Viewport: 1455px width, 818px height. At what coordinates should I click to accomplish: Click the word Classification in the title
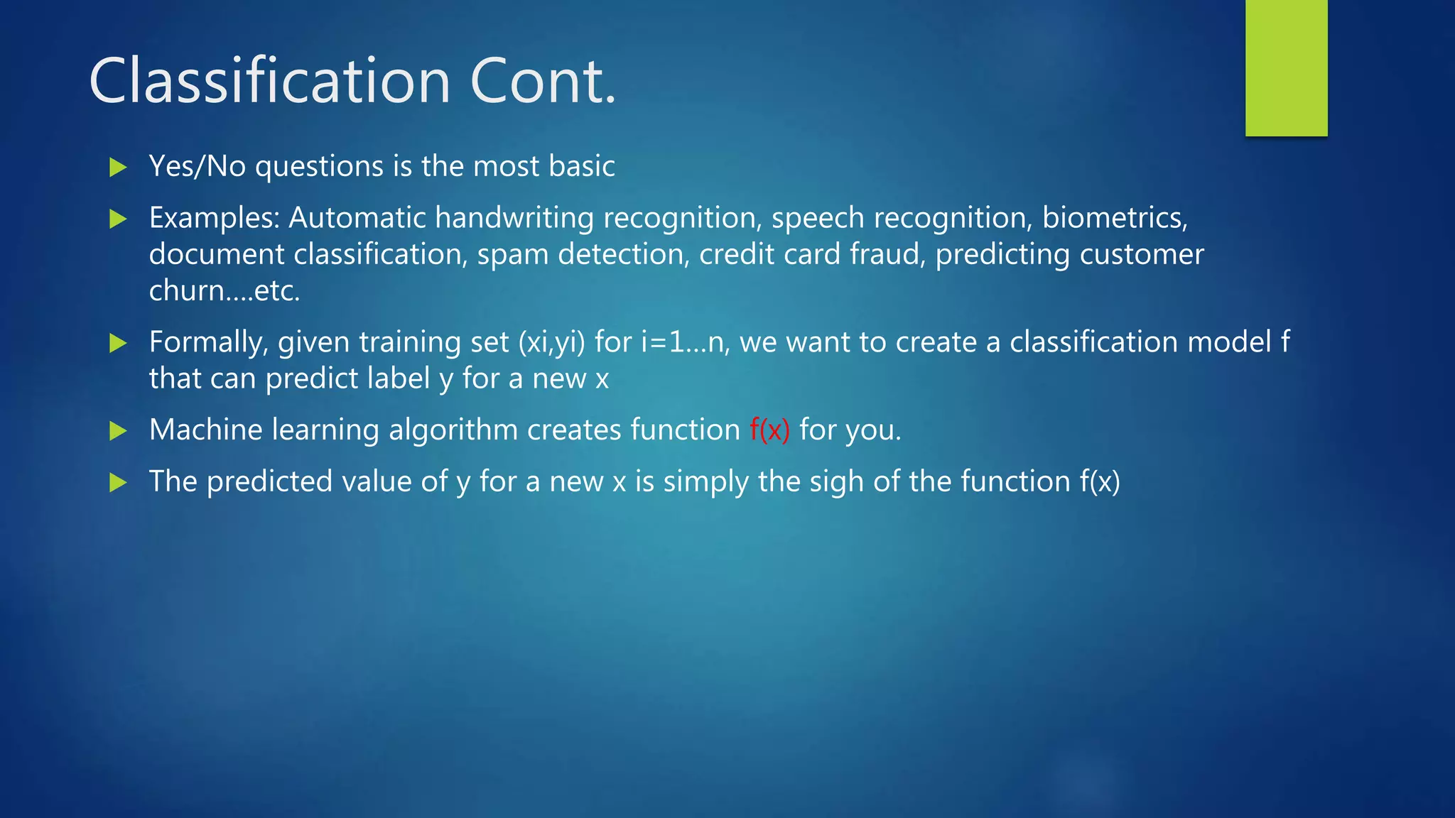click(270, 81)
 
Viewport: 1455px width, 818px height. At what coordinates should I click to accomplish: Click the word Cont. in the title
click(543, 81)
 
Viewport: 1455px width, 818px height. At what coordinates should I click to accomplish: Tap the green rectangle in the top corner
click(1286, 67)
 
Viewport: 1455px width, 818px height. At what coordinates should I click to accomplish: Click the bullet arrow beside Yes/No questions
click(118, 168)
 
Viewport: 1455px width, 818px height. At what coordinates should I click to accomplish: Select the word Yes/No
click(197, 167)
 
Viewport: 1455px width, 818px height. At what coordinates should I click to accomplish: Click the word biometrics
click(1114, 218)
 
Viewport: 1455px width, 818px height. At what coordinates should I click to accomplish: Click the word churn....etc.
click(225, 291)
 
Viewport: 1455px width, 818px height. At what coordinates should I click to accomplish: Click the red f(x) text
click(769, 430)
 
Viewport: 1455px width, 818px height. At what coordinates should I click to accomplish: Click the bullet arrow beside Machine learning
click(118, 430)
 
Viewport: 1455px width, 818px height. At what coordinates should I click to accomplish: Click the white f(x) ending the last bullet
click(1100, 482)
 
